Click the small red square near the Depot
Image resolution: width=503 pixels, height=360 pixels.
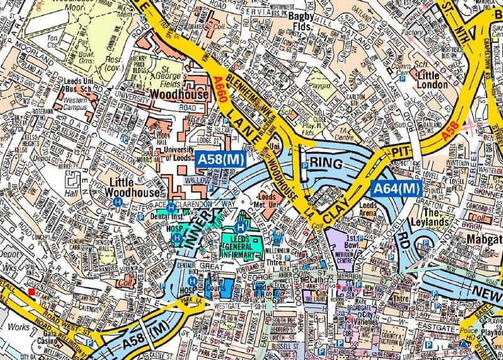click(31, 291)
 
